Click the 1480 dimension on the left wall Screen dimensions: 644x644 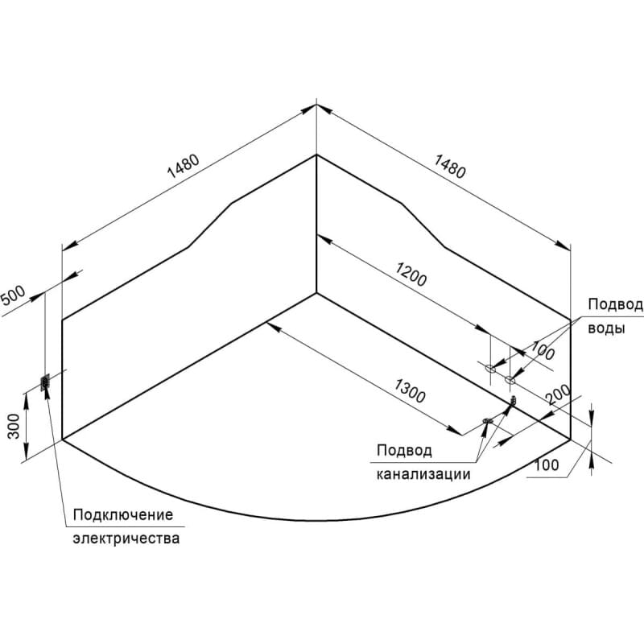click(x=184, y=166)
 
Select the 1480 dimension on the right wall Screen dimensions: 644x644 click(x=450, y=166)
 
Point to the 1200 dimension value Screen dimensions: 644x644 click(x=411, y=274)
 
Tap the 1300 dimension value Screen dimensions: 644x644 click(x=410, y=390)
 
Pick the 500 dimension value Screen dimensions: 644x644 click(x=13, y=295)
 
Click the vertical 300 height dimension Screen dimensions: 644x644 click(x=14, y=426)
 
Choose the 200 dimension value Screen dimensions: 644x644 click(x=558, y=394)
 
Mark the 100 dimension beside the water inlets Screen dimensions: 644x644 click(x=543, y=350)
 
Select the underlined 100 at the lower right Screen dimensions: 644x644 click(x=547, y=465)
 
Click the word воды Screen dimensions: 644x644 click(x=606, y=328)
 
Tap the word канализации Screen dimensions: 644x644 click(x=423, y=474)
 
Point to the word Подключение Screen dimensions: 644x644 click(x=123, y=515)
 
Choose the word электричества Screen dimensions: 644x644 click(x=126, y=539)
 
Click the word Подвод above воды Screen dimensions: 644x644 click(x=615, y=305)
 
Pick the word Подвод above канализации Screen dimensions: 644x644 click(x=404, y=451)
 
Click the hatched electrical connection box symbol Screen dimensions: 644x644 click(x=45, y=382)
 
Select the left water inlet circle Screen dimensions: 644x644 click(x=490, y=368)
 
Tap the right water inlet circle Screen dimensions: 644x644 click(x=510, y=379)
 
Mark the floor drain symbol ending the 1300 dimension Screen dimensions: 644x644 click(x=488, y=420)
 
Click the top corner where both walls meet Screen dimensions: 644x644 click(x=316, y=155)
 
